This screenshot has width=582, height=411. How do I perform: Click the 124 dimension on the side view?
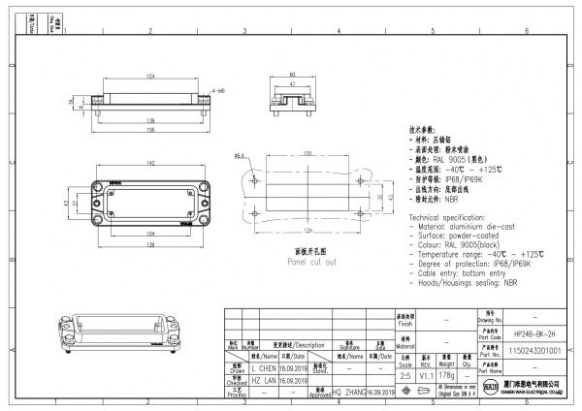150,77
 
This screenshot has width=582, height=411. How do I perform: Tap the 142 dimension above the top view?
150,166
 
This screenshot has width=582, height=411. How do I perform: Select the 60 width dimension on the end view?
292,75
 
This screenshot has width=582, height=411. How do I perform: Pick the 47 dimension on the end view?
292,84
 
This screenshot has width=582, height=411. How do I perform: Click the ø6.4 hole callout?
238,155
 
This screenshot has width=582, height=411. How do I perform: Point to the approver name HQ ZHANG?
350,392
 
